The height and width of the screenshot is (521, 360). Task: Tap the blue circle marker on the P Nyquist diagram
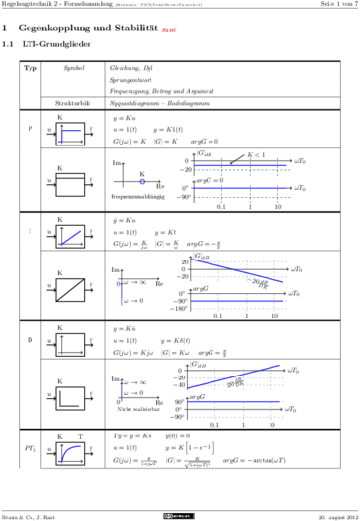[x=142, y=181]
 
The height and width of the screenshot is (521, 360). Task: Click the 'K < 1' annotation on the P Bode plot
[x=256, y=154]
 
